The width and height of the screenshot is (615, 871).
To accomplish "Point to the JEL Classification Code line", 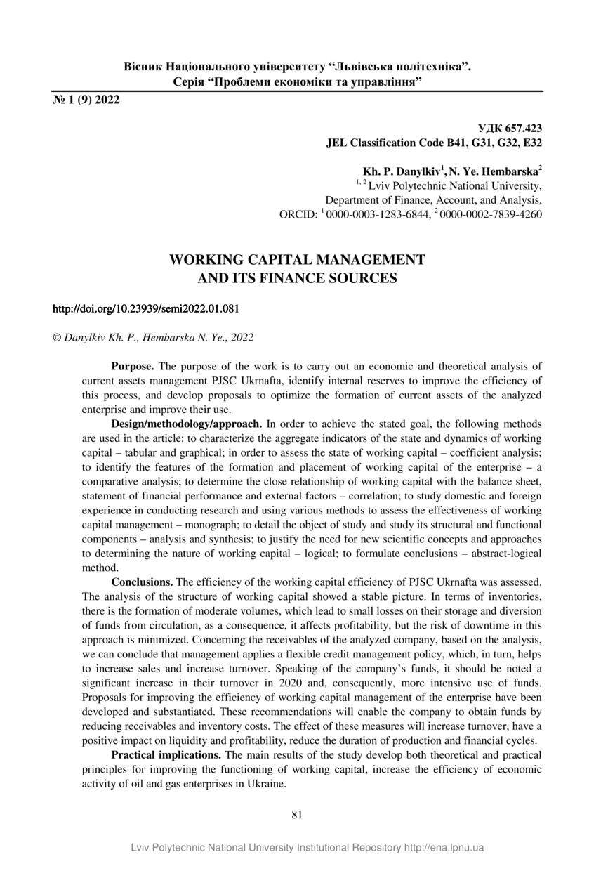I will pyautogui.click(x=434, y=143).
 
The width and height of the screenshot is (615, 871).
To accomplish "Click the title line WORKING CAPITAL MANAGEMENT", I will pyautogui.click(x=297, y=260).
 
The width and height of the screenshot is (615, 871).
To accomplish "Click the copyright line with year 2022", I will pyautogui.click(x=154, y=337).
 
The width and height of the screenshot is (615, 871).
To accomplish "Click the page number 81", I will pyautogui.click(x=297, y=815).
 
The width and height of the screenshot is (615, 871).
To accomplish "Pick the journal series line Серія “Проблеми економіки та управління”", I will pyautogui.click(x=297, y=82).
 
